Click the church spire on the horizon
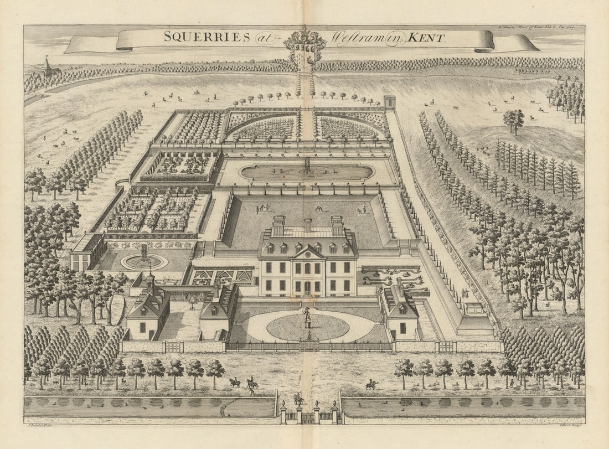click(47, 65)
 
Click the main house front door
click(307, 287)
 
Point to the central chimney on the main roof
click(307, 224)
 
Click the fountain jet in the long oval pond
click(307, 164)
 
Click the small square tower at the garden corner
click(390, 102)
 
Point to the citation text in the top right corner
click(536, 27)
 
